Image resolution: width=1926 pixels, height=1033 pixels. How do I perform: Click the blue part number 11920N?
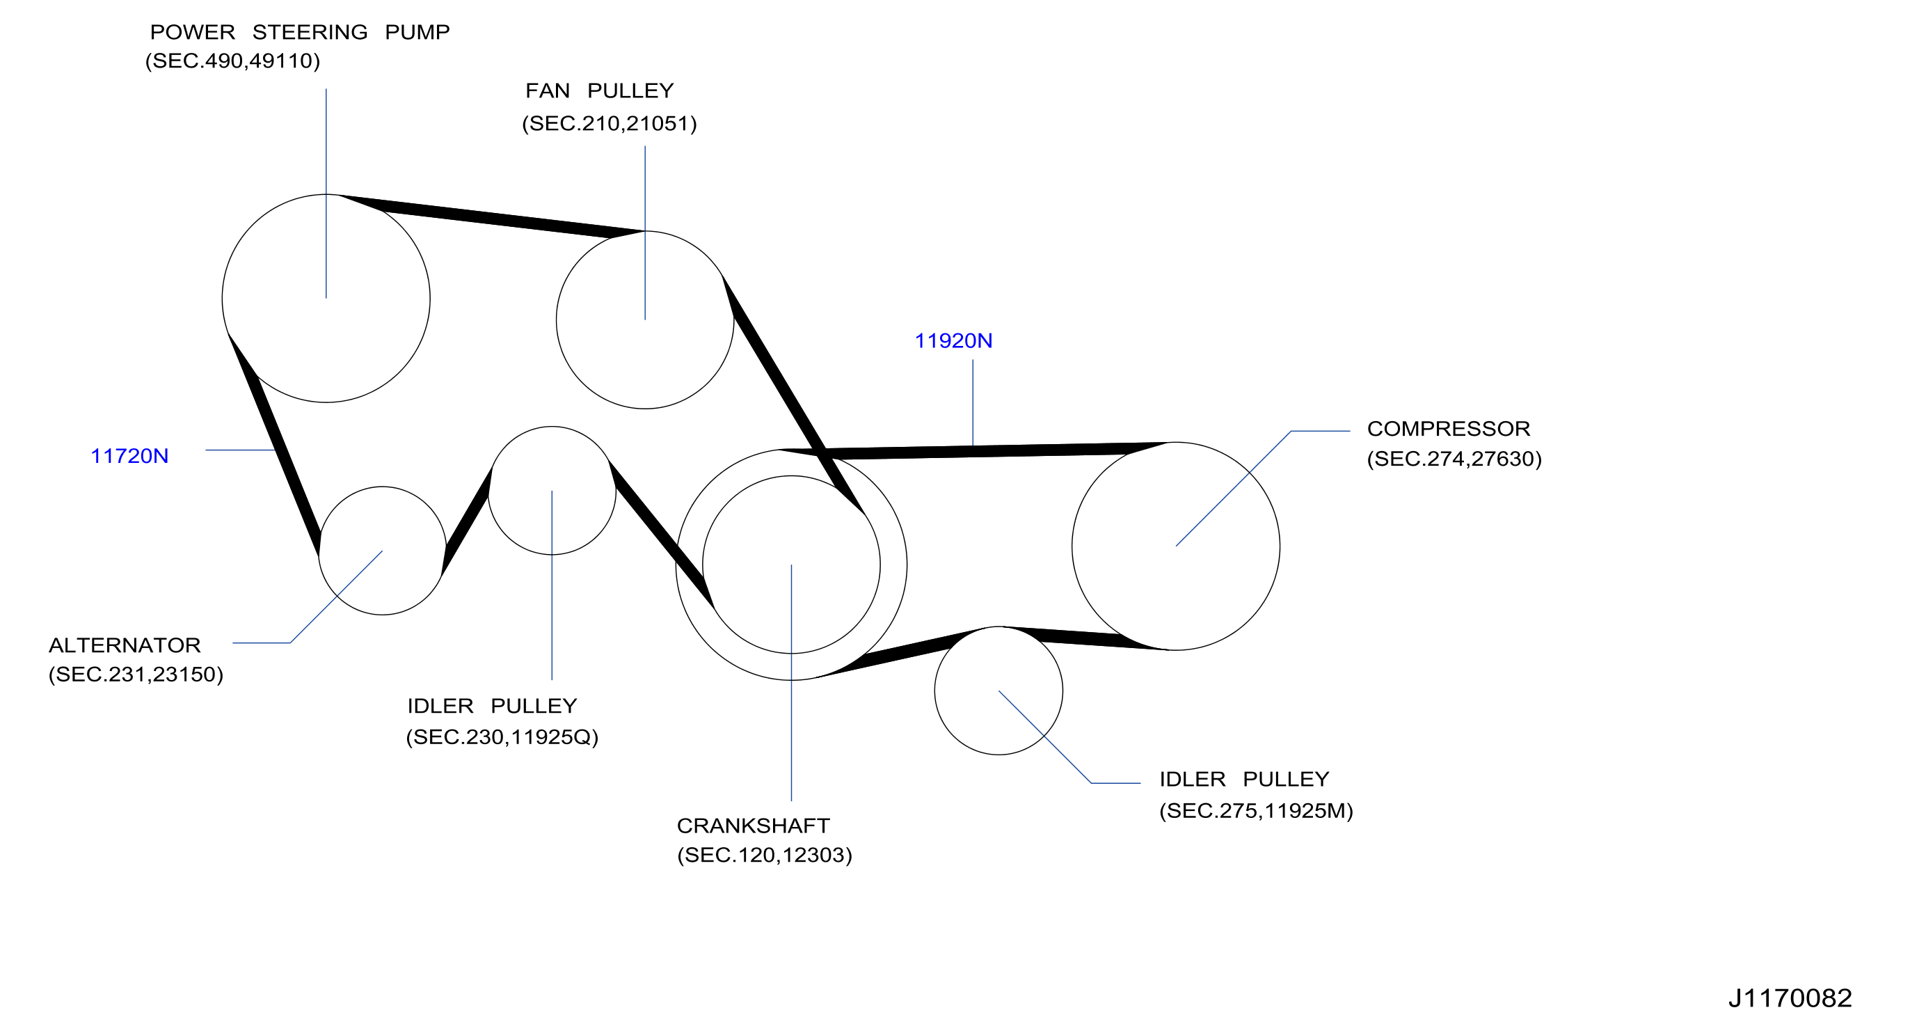(x=953, y=341)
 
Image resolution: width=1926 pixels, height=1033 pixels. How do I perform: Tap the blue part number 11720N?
(x=129, y=456)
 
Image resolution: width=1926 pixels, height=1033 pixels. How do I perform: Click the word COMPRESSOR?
(x=1448, y=429)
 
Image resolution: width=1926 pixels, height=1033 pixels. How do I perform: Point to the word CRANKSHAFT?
(x=753, y=826)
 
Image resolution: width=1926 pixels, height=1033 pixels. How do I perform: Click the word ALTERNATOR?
(x=125, y=645)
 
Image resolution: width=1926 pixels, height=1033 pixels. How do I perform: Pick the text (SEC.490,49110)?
(x=232, y=61)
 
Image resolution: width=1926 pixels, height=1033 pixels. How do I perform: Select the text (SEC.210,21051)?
(x=610, y=123)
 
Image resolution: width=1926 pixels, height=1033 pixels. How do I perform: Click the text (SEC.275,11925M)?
(x=1256, y=811)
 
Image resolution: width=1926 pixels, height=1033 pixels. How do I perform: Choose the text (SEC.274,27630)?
(x=1454, y=459)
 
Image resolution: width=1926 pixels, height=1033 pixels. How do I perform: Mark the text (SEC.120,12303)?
(x=764, y=855)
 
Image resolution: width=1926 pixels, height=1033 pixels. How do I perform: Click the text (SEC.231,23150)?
(x=136, y=675)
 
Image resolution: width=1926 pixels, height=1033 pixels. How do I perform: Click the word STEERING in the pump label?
(x=310, y=32)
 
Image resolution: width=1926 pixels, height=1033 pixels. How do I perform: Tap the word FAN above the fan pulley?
(x=548, y=90)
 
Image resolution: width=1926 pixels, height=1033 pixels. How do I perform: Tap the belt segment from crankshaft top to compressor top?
(x=972, y=450)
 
